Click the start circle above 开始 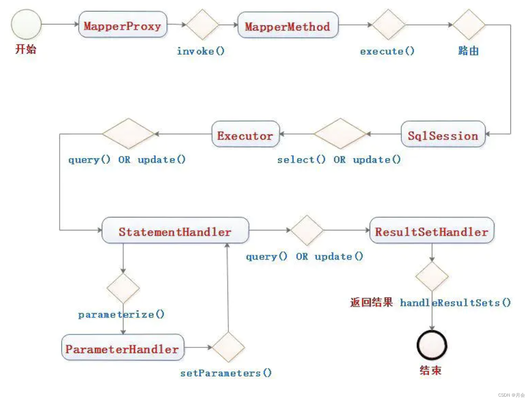[26, 24]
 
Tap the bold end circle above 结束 [432, 345]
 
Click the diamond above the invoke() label [202, 24]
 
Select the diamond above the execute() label [388, 24]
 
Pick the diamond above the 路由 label [469, 24]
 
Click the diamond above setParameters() [228, 347]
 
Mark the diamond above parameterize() [123, 288]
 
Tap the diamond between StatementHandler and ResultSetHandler [307, 230]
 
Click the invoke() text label [200, 51]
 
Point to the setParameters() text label [226, 373]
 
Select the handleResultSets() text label [455, 303]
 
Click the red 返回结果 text [371, 302]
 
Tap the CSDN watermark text [511, 395]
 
